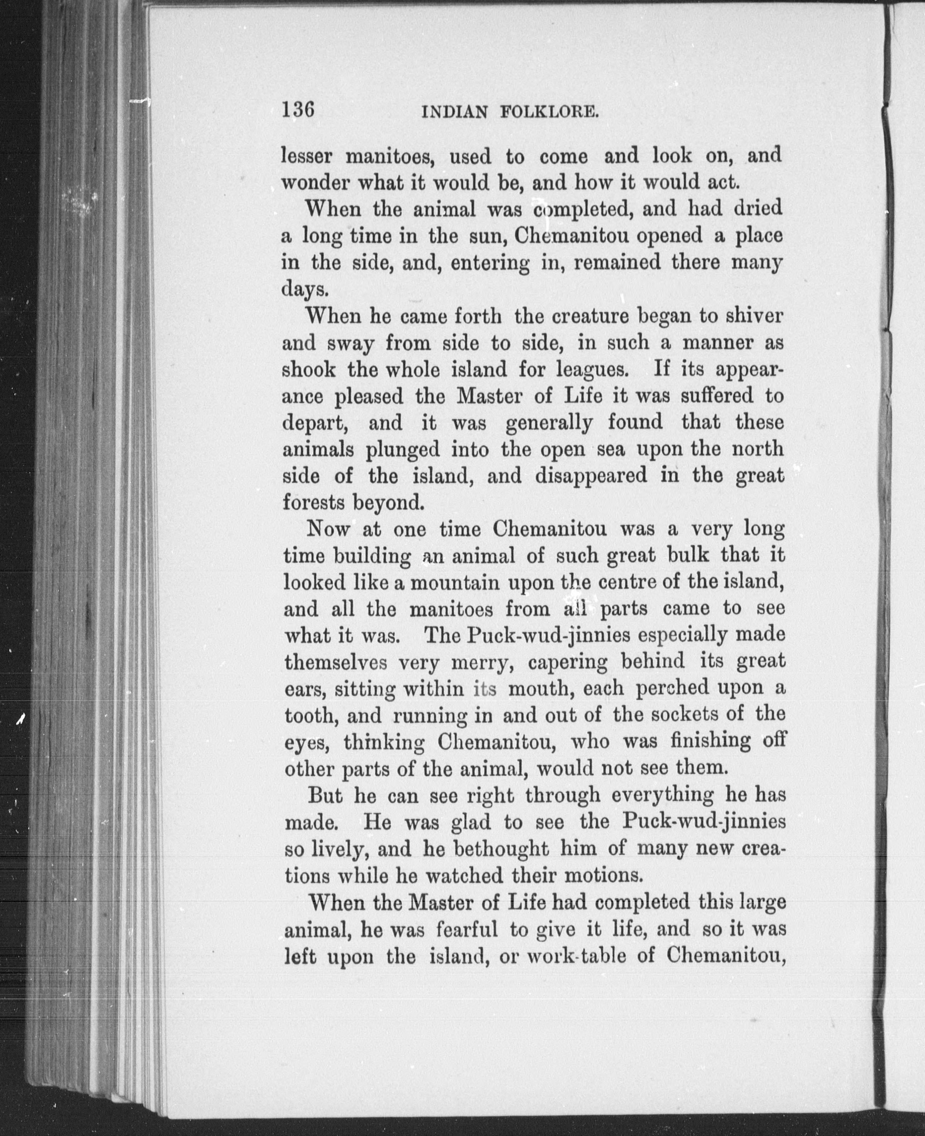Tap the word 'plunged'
[403, 450]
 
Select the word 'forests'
[310, 503]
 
